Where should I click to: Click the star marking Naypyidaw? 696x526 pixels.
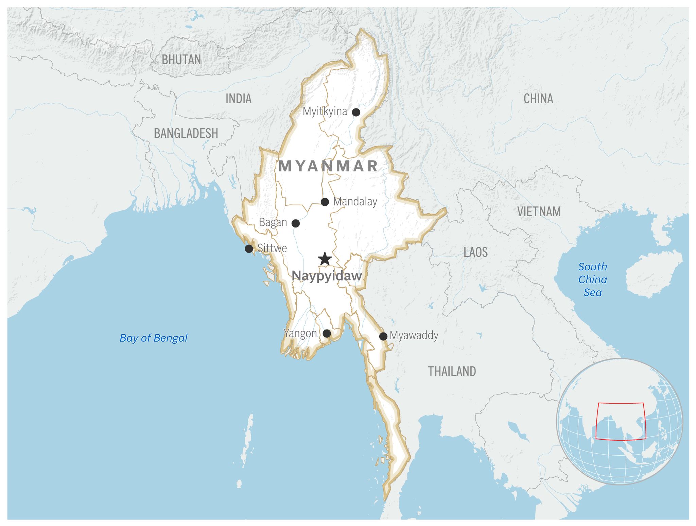[x=325, y=259]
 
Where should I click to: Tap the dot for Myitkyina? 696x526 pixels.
[x=356, y=112]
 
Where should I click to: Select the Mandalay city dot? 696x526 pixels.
[x=325, y=202]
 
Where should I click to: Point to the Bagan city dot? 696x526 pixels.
[x=296, y=223]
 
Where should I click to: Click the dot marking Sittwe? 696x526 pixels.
[x=249, y=249]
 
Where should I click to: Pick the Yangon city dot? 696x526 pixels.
[x=327, y=334]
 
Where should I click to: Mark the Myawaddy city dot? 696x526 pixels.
[x=383, y=336]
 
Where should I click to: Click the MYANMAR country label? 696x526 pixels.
[x=328, y=166]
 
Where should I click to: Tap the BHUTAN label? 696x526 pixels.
[x=181, y=60]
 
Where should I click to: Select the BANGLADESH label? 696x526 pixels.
[x=186, y=133]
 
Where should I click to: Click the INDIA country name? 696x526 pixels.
[x=239, y=99]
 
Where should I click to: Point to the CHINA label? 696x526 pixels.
[x=538, y=99]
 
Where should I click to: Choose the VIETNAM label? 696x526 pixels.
[x=539, y=211]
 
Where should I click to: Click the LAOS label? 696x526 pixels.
[x=475, y=252]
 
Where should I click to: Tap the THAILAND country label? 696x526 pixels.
[x=452, y=371]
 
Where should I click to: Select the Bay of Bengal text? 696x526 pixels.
[x=154, y=338]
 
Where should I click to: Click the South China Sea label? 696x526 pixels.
[x=592, y=279]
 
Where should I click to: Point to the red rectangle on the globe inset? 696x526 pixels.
[x=621, y=403]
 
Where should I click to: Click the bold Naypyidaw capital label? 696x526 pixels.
[x=327, y=276]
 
